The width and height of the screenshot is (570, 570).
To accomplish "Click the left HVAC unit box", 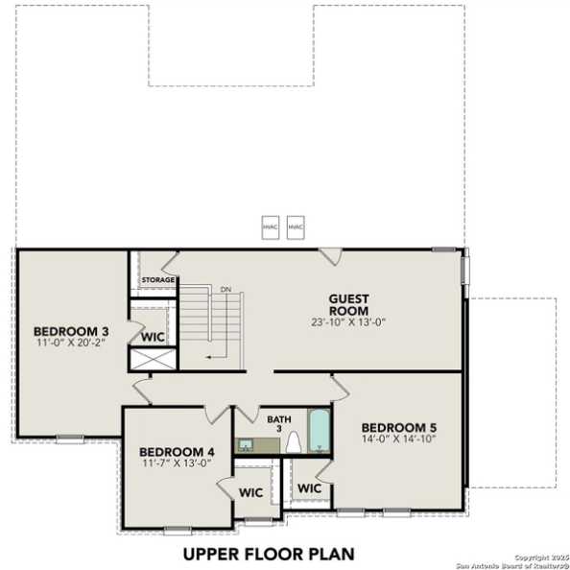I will click(271, 226).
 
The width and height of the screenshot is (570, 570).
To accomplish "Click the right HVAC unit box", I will click(296, 226).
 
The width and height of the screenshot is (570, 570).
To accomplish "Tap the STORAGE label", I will click(158, 280).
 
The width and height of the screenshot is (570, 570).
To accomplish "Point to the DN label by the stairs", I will click(225, 289).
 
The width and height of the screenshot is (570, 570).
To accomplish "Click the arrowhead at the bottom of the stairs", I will click(210, 356).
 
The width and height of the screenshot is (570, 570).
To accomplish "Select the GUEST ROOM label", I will click(348, 304).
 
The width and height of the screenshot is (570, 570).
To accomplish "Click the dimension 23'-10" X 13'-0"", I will click(348, 322).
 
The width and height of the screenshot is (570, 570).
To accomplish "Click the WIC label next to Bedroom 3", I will click(152, 338).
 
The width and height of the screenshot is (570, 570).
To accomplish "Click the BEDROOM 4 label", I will click(177, 452).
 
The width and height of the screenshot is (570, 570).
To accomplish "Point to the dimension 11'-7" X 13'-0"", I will click(177, 463).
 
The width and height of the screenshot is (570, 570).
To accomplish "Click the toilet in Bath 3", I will click(295, 442).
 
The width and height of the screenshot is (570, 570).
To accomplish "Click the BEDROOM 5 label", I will click(398, 427).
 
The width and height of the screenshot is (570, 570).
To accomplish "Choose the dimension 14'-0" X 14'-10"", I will click(398, 439).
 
